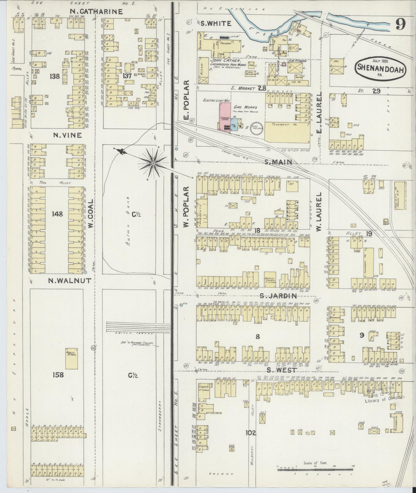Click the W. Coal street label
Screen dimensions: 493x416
(91, 214)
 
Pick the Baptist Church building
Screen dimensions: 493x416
(270, 280)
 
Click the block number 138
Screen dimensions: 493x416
(54, 76)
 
